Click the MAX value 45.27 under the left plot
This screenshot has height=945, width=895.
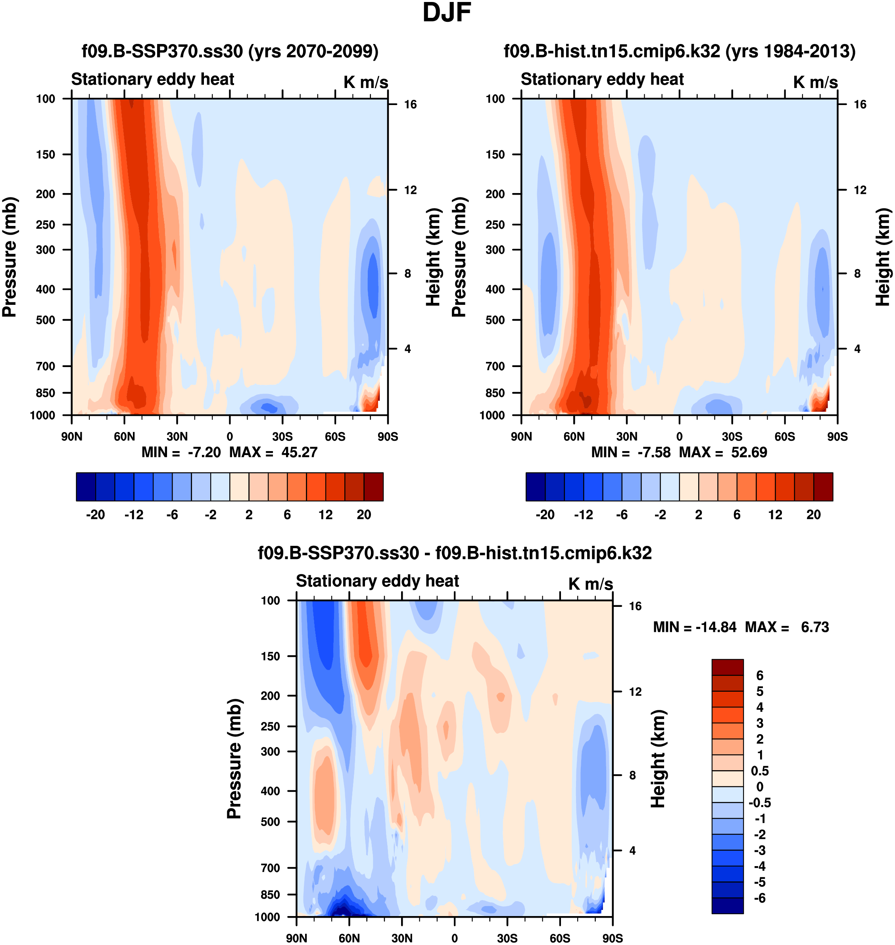click(x=299, y=452)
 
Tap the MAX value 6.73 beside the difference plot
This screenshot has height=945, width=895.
click(x=815, y=627)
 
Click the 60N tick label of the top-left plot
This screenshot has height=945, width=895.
click(x=125, y=436)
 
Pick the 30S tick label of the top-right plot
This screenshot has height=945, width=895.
click(x=732, y=436)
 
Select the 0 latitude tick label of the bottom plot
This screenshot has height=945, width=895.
click(x=455, y=938)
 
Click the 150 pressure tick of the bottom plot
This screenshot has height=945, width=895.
click(x=270, y=656)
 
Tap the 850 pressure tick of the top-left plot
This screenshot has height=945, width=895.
click(x=46, y=393)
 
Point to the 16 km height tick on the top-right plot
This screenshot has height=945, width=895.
click(x=860, y=104)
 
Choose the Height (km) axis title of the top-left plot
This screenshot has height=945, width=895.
click(x=433, y=258)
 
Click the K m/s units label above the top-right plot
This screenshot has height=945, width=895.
click(x=815, y=82)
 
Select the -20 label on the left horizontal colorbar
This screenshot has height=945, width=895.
click(x=96, y=515)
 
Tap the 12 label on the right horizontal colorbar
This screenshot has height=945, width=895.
click(x=775, y=515)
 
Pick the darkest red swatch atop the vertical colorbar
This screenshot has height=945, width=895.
click(x=727, y=667)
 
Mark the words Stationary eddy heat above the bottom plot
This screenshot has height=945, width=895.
click(x=377, y=581)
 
